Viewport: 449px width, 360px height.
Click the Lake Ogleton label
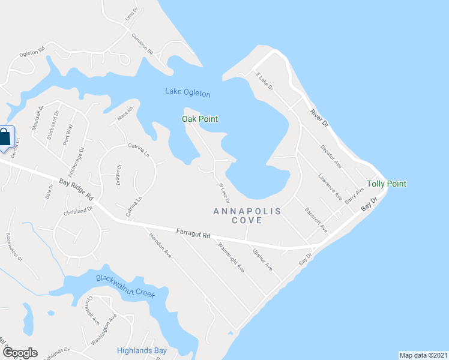[x=188, y=92]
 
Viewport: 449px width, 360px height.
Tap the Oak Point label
[x=200, y=119]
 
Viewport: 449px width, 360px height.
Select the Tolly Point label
[x=387, y=184]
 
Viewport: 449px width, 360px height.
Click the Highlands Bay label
[x=142, y=350]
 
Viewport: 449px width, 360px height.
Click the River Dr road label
[x=320, y=116]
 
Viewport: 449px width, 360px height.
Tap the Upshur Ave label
[x=263, y=259]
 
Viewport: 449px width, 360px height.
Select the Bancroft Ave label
[x=316, y=220]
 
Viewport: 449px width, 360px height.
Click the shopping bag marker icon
[x=5, y=137]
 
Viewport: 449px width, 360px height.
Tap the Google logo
[x=20, y=353]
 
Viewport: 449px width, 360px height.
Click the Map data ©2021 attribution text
[x=423, y=355]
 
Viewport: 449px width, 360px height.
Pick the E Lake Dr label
[x=264, y=82]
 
